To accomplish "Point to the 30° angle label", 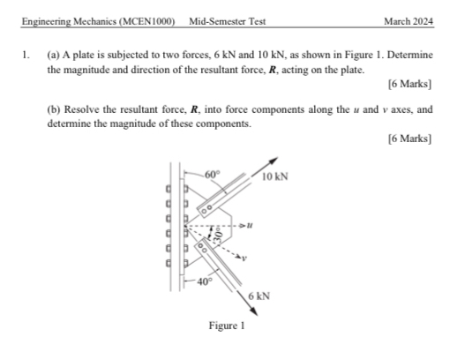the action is (214, 237).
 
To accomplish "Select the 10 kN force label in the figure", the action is (274, 178).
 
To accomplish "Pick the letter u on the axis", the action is (251, 226).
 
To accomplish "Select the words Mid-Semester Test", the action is (227, 21).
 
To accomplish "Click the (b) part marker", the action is (52, 110).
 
